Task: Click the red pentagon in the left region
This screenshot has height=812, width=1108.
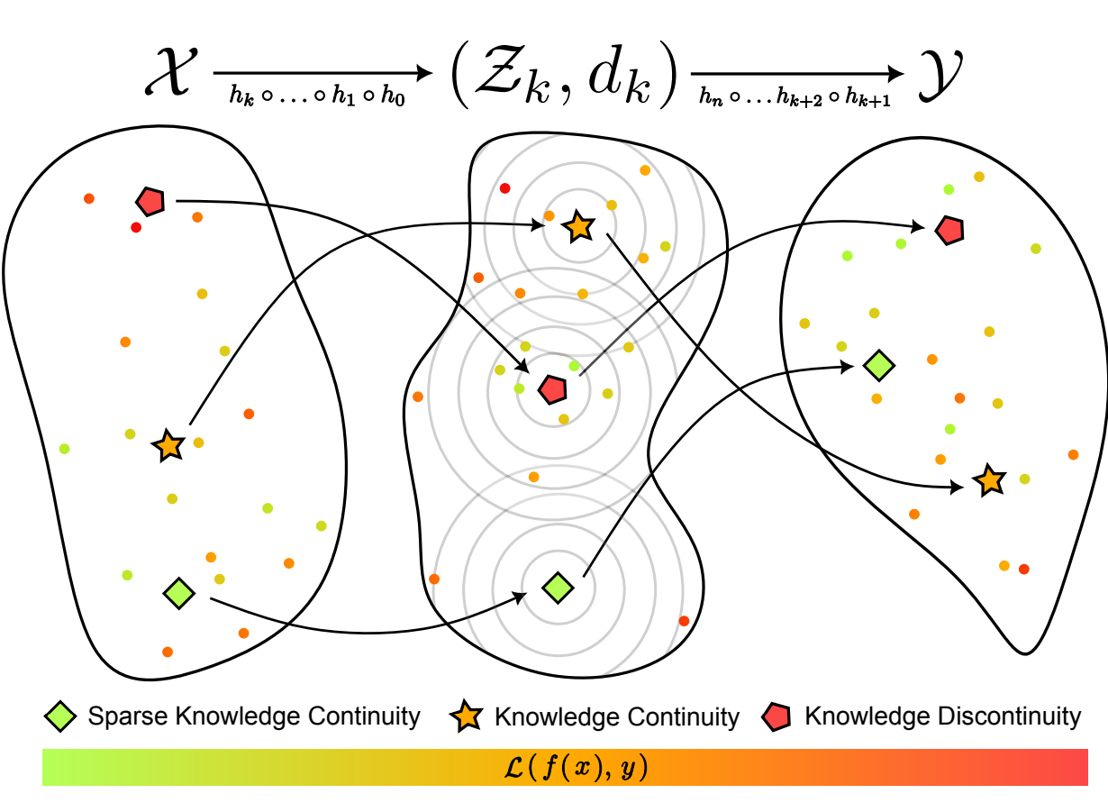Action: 150,201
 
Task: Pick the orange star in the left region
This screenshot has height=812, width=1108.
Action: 168,445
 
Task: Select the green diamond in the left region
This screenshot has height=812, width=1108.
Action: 179,592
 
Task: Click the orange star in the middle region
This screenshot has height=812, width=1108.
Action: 578,227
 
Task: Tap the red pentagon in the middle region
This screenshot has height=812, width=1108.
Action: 551,389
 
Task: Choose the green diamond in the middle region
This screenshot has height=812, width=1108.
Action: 559,588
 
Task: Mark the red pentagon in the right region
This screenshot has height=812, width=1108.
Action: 949,230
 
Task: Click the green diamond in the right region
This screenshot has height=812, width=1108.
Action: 878,365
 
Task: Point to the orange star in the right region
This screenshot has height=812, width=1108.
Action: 989,480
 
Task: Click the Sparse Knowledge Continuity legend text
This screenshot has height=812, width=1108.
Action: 254,716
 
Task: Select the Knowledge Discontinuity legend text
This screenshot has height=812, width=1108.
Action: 942,716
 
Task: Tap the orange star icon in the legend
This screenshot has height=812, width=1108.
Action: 465,717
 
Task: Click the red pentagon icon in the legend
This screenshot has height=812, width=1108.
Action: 777,717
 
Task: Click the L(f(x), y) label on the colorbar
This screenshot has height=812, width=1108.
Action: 565,767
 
